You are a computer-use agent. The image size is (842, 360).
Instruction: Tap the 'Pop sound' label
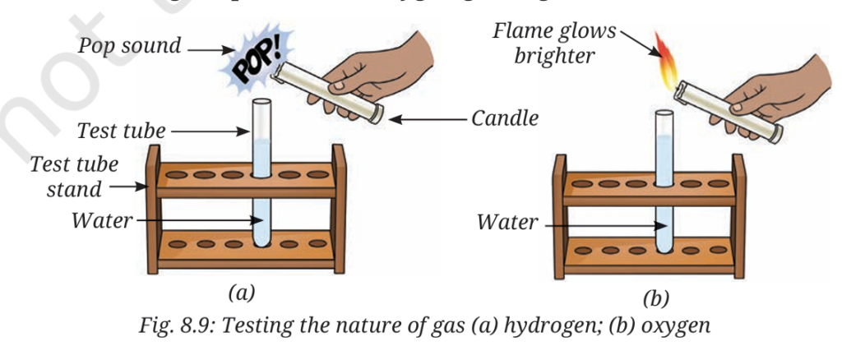129,46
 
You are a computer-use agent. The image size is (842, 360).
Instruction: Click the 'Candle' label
505,118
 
